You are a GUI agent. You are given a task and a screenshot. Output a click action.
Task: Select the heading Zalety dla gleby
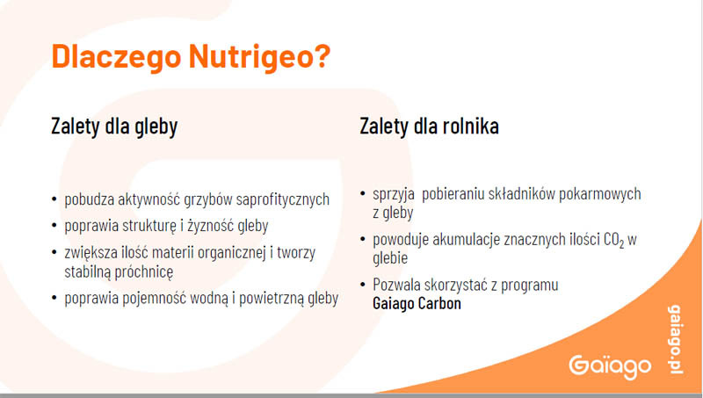point(114,127)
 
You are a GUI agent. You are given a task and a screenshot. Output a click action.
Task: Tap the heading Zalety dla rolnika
point(429,126)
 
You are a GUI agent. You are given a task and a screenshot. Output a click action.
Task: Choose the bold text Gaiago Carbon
point(417,304)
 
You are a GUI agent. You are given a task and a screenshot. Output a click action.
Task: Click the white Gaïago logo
point(610,367)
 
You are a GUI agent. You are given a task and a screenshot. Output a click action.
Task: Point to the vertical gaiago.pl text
point(676,339)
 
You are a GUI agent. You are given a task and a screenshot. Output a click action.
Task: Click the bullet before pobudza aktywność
point(54,199)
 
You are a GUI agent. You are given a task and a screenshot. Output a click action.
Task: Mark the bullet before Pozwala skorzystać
point(363,284)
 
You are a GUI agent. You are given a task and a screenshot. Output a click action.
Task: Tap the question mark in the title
point(322,55)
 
